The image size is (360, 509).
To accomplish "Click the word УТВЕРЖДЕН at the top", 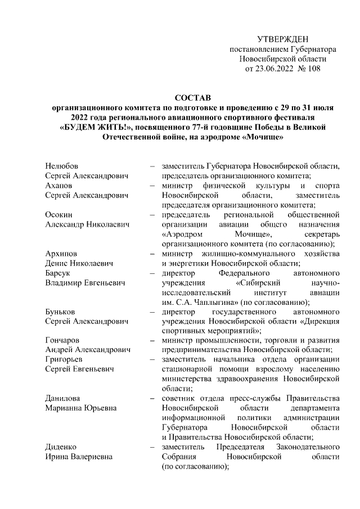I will (283, 39).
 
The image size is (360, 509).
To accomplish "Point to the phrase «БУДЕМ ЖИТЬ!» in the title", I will (94, 128).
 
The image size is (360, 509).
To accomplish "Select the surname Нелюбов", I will (61, 166).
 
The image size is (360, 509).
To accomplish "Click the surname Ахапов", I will (58, 186).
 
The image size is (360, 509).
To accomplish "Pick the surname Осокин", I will (58, 215).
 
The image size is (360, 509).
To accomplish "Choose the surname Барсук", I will (57, 273).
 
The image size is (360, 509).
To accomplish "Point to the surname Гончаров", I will (62, 340).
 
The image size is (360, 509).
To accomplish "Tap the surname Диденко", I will (61, 447).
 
